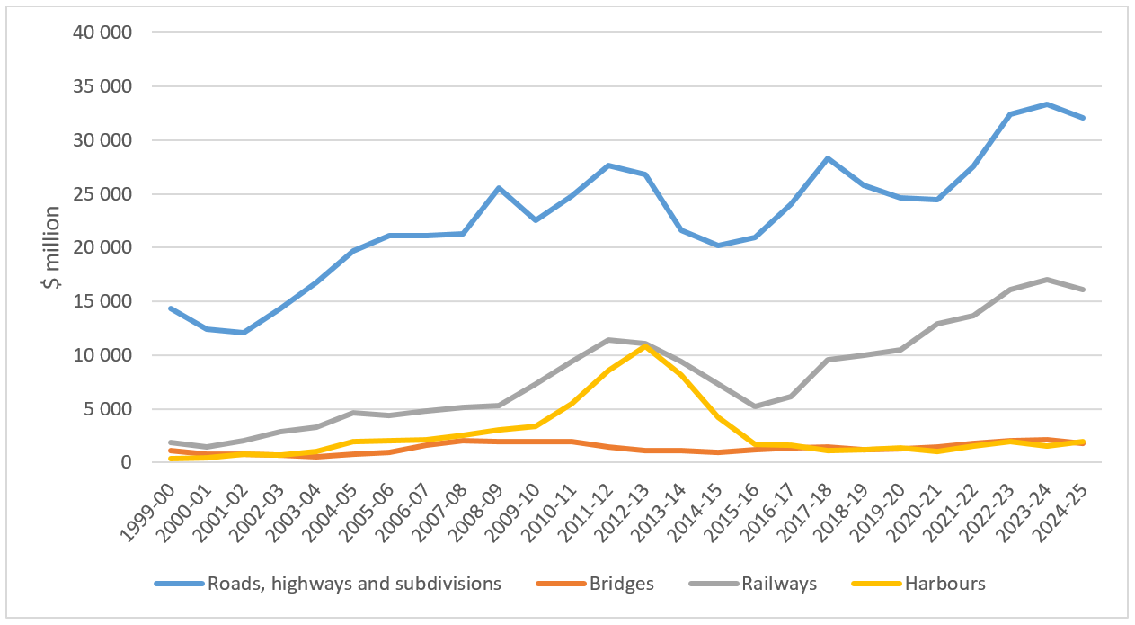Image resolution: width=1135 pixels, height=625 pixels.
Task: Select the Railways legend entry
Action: [x=778, y=583]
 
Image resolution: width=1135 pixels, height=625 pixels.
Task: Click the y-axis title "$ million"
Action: [x=50, y=247]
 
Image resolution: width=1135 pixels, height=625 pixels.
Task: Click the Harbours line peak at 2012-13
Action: [x=644, y=345]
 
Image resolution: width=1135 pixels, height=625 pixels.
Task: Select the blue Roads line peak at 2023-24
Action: [x=1045, y=104]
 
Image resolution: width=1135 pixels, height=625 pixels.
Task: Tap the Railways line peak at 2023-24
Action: [x=1045, y=280]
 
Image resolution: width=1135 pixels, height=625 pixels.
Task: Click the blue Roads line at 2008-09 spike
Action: [x=499, y=188]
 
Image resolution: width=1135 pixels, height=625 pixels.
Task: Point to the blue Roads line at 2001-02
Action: [x=244, y=333]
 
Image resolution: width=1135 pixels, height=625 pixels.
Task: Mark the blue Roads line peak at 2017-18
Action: [x=827, y=158]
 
